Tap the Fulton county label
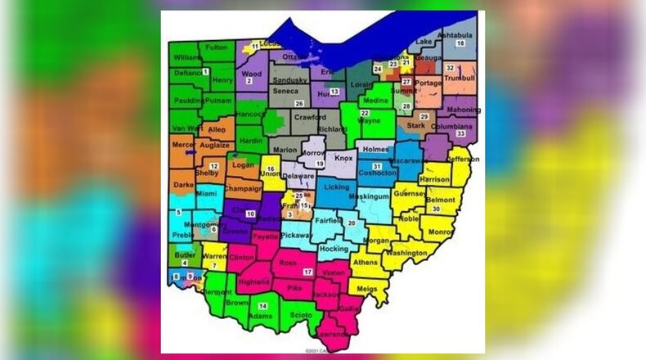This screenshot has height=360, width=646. pos(217,47)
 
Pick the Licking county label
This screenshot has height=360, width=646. pos(336,187)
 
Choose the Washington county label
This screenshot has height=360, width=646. pos(405,254)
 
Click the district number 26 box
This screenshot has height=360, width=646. pos(299,104)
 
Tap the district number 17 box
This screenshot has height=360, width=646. pos(307,271)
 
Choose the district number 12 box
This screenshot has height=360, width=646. pos(213,166)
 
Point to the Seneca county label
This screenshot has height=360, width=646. pos(285,91)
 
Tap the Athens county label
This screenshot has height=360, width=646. pos(366,263)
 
